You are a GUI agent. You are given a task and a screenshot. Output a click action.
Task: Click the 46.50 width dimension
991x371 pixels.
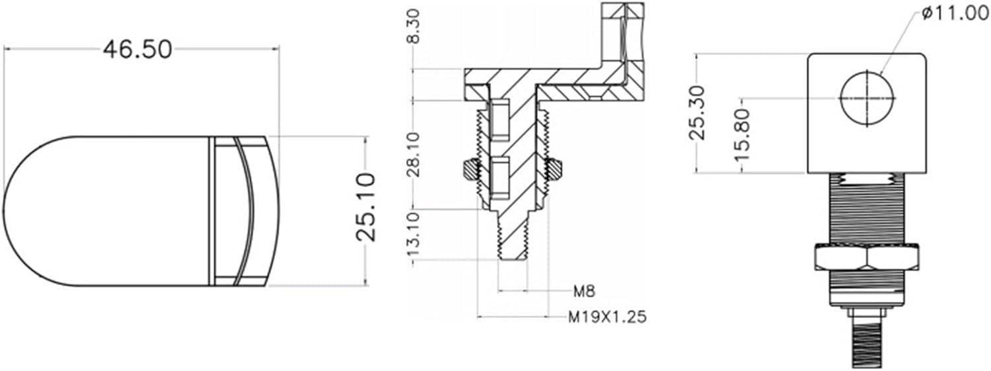click(137, 49)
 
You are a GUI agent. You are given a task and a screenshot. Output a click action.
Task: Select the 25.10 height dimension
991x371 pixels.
click(365, 206)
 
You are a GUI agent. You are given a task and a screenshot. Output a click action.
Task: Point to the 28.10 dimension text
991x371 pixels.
click(413, 154)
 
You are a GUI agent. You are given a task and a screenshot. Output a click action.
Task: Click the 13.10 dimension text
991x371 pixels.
click(413, 236)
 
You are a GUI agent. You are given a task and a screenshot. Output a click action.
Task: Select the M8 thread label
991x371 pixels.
click(583, 290)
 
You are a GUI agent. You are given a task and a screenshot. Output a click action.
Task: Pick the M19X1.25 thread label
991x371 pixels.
click(607, 317)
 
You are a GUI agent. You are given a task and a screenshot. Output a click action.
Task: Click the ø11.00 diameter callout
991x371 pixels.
click(953, 14)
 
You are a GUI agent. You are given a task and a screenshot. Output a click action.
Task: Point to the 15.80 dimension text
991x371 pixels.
click(742, 136)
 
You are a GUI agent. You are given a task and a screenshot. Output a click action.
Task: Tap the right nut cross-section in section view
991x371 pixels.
click(554, 170)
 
